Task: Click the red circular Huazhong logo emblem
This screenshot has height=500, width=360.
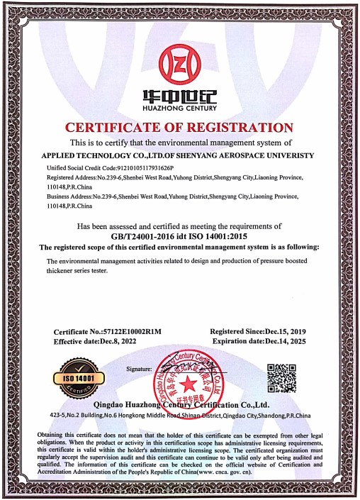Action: tap(179, 65)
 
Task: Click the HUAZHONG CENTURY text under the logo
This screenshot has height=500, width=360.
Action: tap(179, 108)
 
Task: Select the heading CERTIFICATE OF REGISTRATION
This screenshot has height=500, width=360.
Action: tap(179, 128)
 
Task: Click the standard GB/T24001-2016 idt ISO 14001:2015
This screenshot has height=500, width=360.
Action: tap(179, 235)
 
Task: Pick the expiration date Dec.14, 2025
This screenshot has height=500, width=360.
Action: tap(285, 341)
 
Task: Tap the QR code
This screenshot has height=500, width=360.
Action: tap(281, 377)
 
